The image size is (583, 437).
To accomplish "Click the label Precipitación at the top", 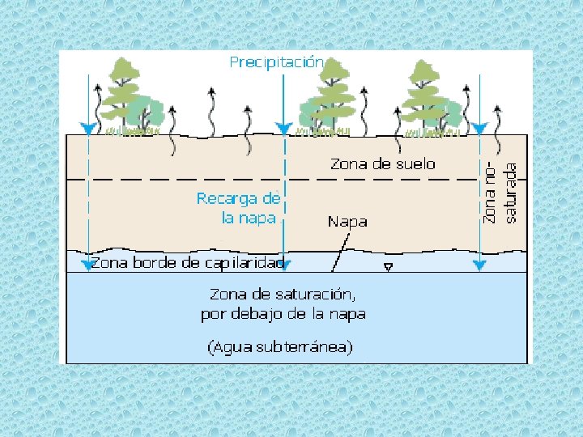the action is pos(277,62).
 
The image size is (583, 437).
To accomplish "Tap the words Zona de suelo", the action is pos(382,164).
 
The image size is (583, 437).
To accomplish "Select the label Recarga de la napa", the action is pos(238,208).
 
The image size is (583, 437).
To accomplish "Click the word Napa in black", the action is pos(347,222).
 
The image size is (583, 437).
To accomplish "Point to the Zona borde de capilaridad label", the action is pos(187,263).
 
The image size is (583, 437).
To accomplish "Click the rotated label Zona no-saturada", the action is pos(500,193).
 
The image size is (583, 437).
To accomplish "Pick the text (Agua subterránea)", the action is pos(281,348).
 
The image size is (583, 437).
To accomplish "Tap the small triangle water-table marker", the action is pos(389,266).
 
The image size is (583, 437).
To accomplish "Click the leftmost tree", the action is pos(121,93).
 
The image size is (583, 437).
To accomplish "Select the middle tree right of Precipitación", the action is pos(330,93).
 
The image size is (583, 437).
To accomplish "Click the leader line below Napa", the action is pos(340,252).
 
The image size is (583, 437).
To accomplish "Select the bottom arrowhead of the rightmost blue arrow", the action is pos(479,265).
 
